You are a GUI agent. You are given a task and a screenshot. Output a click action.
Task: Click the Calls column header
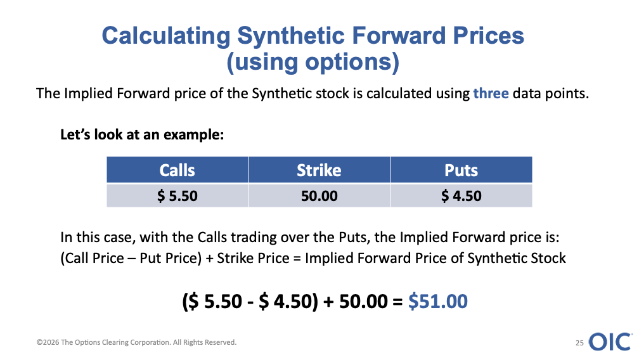tap(177, 170)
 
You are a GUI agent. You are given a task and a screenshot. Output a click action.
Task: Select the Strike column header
tap(319, 170)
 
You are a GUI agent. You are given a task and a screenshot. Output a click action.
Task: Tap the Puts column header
tap(461, 170)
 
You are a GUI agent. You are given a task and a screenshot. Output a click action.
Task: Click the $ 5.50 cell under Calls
tap(177, 196)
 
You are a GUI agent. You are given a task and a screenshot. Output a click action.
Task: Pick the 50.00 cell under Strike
tap(319, 196)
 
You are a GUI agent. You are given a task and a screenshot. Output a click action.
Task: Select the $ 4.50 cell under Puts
tap(461, 196)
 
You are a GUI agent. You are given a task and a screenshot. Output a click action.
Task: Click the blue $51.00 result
tap(437, 302)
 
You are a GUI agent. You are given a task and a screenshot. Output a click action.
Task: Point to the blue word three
tap(491, 94)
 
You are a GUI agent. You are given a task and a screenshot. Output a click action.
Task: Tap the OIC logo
tap(610, 342)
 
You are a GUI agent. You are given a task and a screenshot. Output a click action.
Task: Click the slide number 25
tap(579, 343)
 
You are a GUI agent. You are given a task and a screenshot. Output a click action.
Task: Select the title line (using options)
tap(313, 62)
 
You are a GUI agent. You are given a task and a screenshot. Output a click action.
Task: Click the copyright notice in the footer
tap(136, 342)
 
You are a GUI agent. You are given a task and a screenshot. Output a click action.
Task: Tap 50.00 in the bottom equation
tap(363, 302)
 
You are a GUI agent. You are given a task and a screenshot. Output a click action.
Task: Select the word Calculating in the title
tap(166, 36)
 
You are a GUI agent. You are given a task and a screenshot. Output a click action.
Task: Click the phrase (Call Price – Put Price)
tap(131, 258)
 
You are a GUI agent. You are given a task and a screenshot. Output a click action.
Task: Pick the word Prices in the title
tap(489, 35)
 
